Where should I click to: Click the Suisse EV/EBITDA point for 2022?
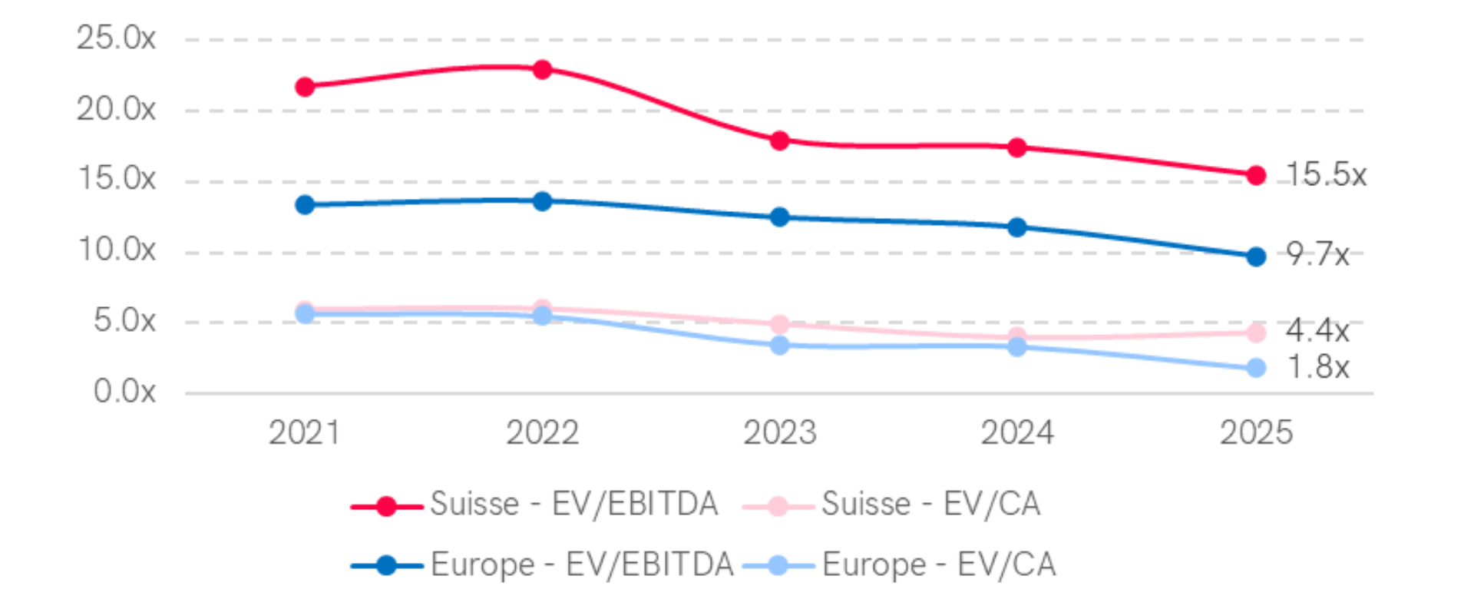[x=542, y=69]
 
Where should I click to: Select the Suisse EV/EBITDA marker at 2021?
[x=305, y=86]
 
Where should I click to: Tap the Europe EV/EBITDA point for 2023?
[x=780, y=217]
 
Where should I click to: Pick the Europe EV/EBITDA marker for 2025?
[x=1256, y=256]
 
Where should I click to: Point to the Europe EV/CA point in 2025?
[x=1256, y=368]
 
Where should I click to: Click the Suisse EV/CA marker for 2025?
[x=1256, y=333]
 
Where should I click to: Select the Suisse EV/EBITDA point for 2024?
[x=1017, y=147]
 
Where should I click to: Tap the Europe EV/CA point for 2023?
[x=780, y=346]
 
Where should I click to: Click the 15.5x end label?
[x=1325, y=174]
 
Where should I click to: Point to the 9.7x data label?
[x=1317, y=253]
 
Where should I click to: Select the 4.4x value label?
[x=1317, y=331]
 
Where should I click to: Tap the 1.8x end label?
[x=1317, y=367]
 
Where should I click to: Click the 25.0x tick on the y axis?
[x=116, y=38]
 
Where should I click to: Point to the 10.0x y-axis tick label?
[x=116, y=250]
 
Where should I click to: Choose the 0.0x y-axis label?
[x=124, y=391]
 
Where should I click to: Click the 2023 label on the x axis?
[x=780, y=432]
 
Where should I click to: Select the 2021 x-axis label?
[x=305, y=432]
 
